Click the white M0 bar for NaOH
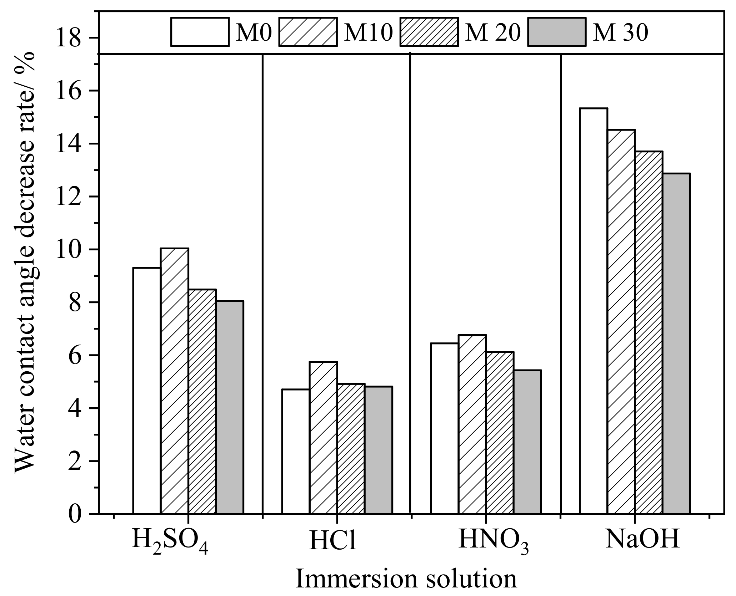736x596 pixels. [x=593, y=310]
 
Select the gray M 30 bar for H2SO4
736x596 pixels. [x=230, y=407]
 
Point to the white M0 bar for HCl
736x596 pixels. [x=295, y=451]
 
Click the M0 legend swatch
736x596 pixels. [x=200, y=32]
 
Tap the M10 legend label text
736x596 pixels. [x=368, y=33]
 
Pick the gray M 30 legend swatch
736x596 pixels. [x=557, y=32]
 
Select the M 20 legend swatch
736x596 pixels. [x=430, y=32]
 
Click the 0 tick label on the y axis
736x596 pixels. [x=74, y=514]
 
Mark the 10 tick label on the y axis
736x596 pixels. [x=68, y=249]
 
